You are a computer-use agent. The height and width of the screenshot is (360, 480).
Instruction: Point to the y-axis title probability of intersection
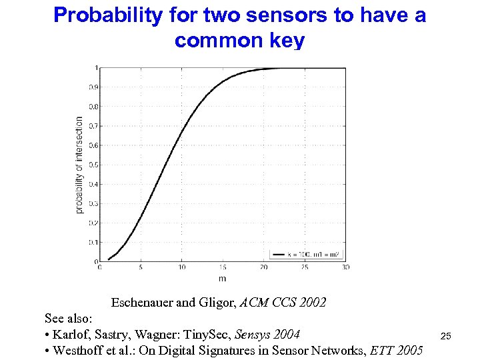tap(79, 165)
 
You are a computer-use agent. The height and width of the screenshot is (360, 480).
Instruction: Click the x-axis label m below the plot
tap(222, 278)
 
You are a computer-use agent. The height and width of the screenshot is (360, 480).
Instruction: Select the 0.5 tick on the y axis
tap(94, 165)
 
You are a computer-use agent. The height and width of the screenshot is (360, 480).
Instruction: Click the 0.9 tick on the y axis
tap(94, 87)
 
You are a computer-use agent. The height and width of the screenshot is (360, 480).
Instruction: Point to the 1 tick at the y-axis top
tap(97, 67)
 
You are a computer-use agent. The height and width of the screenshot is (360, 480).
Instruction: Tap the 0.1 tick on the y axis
tap(94, 243)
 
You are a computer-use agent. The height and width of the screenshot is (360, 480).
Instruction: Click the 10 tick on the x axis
tap(181, 268)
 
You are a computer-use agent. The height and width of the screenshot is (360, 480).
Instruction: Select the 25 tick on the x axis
tap(305, 268)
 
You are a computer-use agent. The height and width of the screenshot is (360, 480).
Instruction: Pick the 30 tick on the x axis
tap(345, 268)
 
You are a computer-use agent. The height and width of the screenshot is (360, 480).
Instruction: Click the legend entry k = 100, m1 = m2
tap(308, 254)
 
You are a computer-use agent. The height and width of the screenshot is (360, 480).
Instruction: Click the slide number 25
tap(446, 336)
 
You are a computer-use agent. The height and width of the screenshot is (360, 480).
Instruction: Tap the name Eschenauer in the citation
tap(142, 303)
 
